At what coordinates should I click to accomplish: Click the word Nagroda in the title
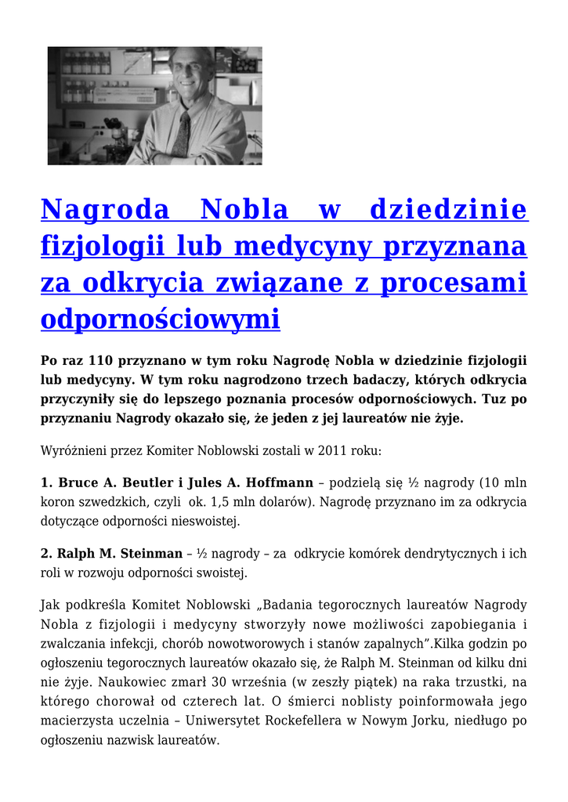tap(105, 210)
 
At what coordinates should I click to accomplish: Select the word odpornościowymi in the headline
tap(160, 319)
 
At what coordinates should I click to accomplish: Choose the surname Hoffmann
tap(279, 482)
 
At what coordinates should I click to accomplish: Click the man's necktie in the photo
tap(183, 135)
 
